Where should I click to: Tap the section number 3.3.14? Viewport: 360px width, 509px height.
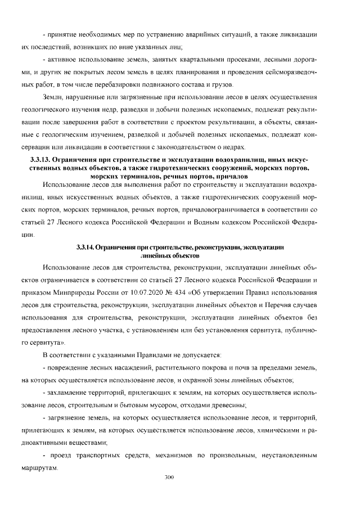coord(84,247)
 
